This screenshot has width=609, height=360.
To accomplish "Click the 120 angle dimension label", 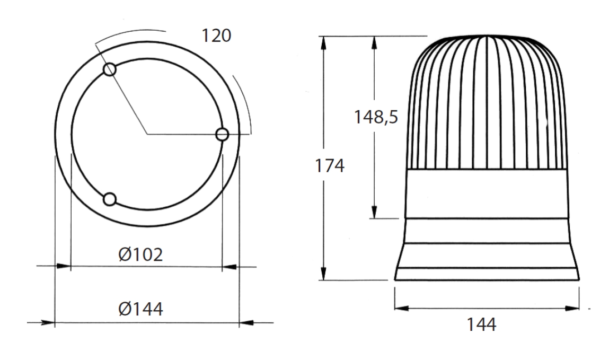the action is pyautogui.click(x=216, y=36).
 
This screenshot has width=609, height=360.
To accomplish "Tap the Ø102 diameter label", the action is pyautogui.click(x=140, y=255).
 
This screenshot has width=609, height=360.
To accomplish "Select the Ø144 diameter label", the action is pyautogui.click(x=140, y=309).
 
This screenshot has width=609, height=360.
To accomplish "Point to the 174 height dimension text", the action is pyautogui.click(x=329, y=166).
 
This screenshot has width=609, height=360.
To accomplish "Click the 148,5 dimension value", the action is pyautogui.click(x=376, y=117).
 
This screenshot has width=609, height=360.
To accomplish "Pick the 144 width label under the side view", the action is pyautogui.click(x=481, y=324).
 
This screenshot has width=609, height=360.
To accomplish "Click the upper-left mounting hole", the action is pyautogui.click(x=110, y=69).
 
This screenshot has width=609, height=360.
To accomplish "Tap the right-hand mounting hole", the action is pyautogui.click(x=222, y=134).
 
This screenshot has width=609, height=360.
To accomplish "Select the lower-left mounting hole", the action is pyautogui.click(x=110, y=199).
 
